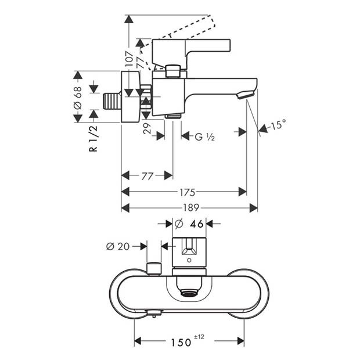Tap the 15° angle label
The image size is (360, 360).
coord(278,125)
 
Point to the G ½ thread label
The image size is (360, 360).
coord(206,136)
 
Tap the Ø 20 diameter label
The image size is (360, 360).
coord(118,246)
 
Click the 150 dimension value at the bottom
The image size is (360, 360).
coord(181,342)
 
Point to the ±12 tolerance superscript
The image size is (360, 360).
coord(199,337)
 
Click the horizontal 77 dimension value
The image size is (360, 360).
coord(147,175)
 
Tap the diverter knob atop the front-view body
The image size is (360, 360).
coord(153,268)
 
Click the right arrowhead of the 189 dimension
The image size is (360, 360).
coord(254,208)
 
